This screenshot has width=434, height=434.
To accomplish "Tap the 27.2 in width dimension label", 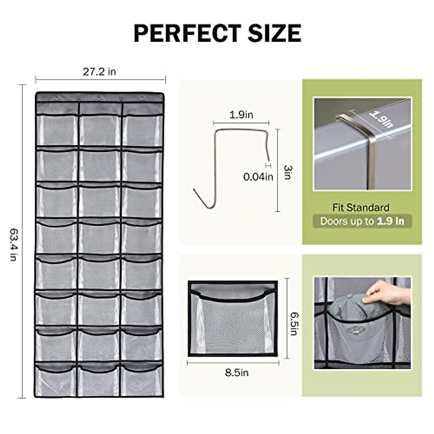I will (99, 72).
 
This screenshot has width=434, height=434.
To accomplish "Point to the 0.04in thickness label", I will (258, 177).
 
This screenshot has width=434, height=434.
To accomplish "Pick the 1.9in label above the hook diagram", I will (241, 115).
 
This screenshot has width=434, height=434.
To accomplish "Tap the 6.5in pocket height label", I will (294, 323).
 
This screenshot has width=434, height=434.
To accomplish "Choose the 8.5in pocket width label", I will (237, 373).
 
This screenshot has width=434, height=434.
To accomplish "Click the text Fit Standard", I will (361, 208).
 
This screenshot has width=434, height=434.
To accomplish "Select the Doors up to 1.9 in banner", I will (362, 221).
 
